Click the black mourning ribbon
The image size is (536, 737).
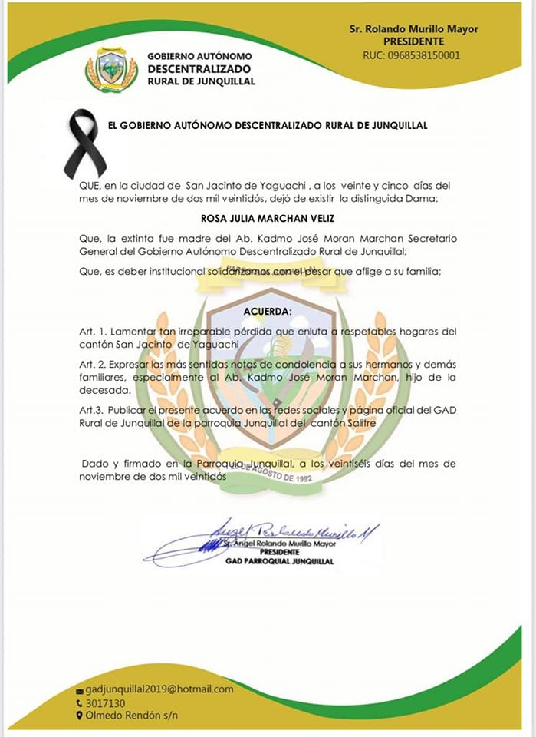pos(84,143)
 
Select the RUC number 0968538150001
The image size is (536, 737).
pos(423,55)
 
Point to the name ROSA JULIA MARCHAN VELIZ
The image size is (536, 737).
pos(268,217)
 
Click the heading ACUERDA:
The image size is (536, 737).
pos(268,312)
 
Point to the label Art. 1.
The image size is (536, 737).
pos(93,331)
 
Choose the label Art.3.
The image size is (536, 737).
pos(91,411)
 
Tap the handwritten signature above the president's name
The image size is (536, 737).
pos(291,532)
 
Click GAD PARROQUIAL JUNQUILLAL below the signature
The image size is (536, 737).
pos(279,561)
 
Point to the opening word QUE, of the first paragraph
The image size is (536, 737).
pos(91,185)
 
